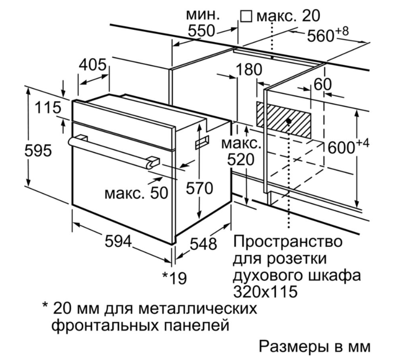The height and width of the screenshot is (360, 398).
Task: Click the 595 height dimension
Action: click(38, 151)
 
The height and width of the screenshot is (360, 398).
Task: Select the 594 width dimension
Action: click(119, 241)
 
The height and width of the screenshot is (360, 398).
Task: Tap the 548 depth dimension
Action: click(203, 244)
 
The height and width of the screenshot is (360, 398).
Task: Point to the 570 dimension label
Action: click(200, 189)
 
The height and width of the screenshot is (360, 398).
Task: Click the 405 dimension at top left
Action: click(93, 65)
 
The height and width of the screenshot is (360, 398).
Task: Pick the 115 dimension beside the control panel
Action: click(48, 107)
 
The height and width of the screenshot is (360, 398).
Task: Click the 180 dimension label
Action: click(249, 69)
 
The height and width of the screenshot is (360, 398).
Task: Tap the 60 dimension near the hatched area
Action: click(322, 84)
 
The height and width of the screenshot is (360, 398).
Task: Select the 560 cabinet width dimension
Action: click(328, 35)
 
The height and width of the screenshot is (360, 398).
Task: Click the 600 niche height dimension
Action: click(348, 146)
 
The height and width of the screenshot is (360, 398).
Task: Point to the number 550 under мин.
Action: click(201, 31)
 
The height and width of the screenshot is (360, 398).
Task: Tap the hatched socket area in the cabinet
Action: click(284, 120)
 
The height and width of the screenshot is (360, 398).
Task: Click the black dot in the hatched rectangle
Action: click(288, 121)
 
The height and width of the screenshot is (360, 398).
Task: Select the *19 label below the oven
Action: click(175, 278)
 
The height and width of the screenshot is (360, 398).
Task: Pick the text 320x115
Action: click(265, 291)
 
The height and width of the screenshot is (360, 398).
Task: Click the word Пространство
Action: click(288, 241)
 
